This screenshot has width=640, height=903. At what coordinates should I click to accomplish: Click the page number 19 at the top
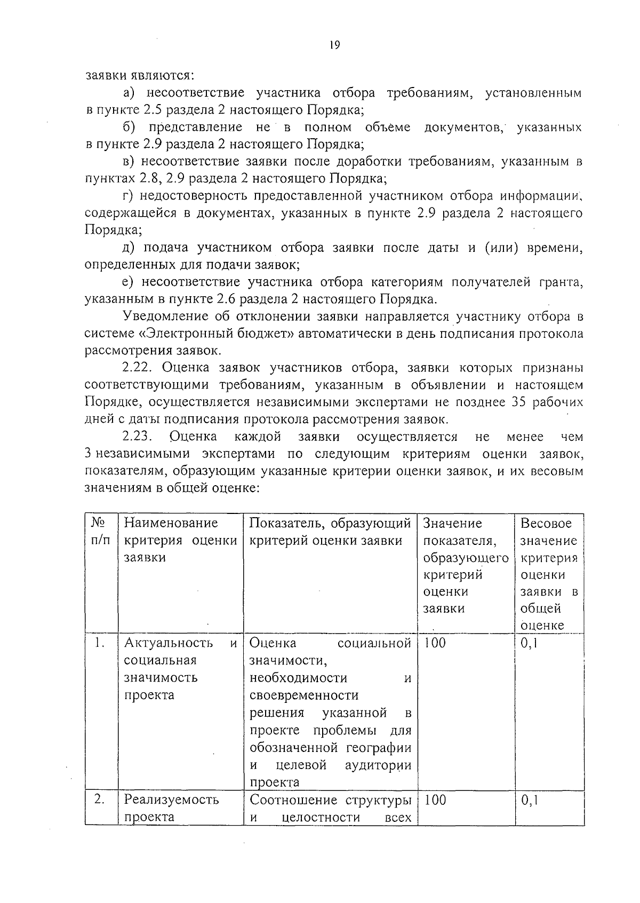click(334, 45)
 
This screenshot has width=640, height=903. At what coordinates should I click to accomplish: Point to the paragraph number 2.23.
click(138, 437)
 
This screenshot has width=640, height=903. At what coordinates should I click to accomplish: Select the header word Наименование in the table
click(171, 523)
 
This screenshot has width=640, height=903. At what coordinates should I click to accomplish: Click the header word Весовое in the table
click(546, 523)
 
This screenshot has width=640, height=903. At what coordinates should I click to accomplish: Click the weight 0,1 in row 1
click(530, 643)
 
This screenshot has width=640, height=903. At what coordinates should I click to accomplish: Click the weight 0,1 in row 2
click(530, 800)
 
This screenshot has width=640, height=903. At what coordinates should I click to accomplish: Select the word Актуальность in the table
click(169, 643)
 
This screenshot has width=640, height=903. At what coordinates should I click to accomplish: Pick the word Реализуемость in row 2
click(171, 800)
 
